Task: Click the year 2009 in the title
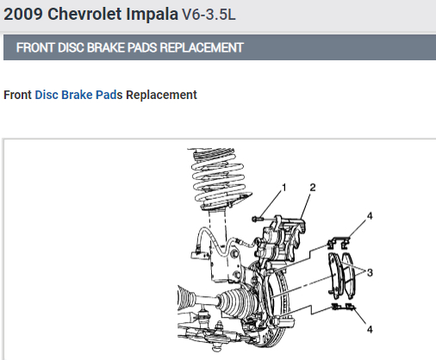tap(23, 14)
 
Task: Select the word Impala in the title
tap(152, 15)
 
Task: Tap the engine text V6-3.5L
tap(209, 15)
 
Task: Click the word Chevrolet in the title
tap(84, 14)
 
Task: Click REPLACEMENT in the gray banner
tap(202, 47)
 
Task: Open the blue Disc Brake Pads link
tap(78, 95)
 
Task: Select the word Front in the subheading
tap(17, 95)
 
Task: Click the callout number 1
tap(284, 188)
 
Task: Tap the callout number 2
tap(313, 188)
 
